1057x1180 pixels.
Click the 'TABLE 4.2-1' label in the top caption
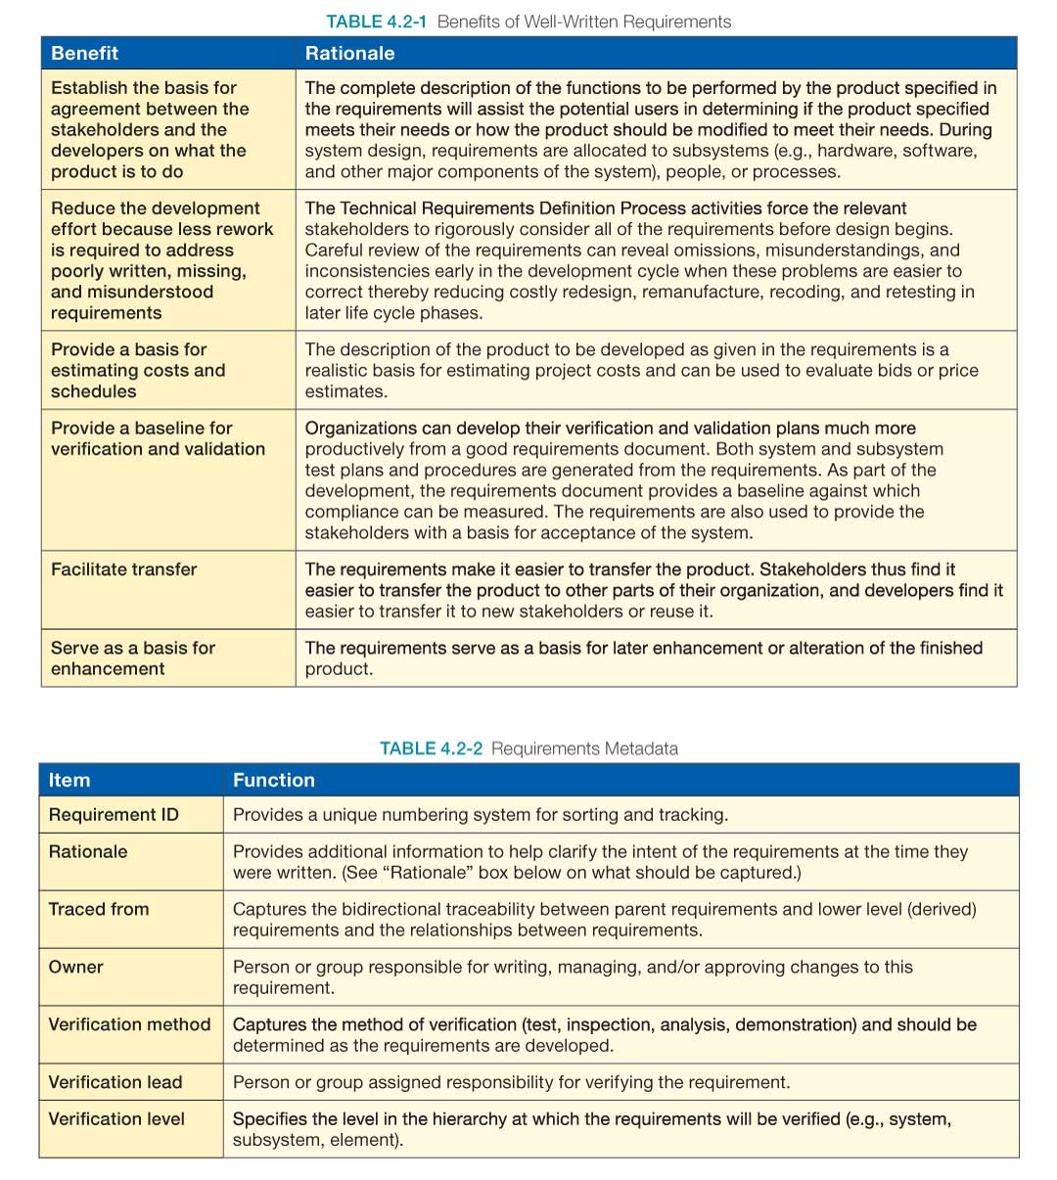[x=376, y=22]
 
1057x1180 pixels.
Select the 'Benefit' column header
[x=85, y=53]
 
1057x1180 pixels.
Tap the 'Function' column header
[x=274, y=780]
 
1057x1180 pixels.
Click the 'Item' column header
[x=69, y=780]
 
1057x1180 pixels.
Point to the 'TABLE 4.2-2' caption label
[x=431, y=749]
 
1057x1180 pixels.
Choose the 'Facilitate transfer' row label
[x=124, y=569]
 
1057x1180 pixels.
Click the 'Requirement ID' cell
[x=114, y=815]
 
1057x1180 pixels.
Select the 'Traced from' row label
[x=99, y=909]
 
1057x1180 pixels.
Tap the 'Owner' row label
[x=76, y=967]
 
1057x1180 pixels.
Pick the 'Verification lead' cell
[x=115, y=1082]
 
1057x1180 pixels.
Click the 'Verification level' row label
[x=116, y=1118]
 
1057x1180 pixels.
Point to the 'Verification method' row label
[x=129, y=1024]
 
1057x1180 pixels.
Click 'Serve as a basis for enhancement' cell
[x=133, y=658]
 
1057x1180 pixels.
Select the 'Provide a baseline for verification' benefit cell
[x=158, y=438]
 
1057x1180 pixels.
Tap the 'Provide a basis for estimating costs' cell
[x=138, y=370]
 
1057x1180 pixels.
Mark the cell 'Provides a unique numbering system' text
[x=480, y=815]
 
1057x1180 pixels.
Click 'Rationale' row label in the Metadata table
[x=88, y=851]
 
